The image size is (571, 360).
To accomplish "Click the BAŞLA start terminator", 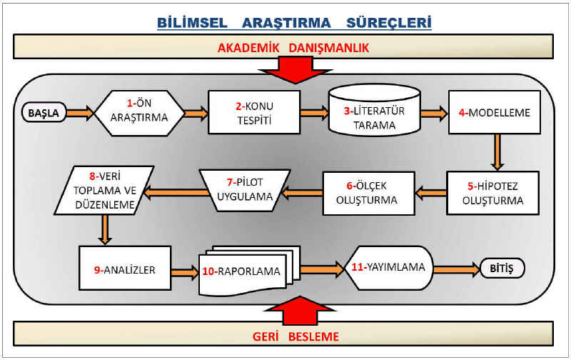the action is coord(44,113).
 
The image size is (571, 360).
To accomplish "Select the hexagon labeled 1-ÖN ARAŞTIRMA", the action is coord(139,113).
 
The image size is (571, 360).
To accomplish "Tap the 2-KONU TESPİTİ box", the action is coord(254,112).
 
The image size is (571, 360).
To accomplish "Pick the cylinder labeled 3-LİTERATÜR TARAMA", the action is coord(374,110).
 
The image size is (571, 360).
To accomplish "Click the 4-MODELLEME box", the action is coord(495,112).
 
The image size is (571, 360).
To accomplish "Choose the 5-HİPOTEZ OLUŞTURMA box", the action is coord(492,193).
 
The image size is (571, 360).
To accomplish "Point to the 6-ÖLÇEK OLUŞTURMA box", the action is coord(368,193).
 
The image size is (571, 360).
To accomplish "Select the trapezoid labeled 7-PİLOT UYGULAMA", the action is coord(245,190).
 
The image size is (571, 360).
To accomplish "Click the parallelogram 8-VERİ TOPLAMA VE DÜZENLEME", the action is coord(104,190).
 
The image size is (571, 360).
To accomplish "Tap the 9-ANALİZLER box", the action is coord(125,268).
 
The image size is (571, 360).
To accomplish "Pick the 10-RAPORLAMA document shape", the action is coord(248,271).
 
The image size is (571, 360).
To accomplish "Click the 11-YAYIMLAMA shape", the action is coord(389,268).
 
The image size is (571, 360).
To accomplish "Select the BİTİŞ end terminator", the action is coord(502,269).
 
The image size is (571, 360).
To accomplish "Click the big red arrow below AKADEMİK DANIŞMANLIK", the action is coord(295,69).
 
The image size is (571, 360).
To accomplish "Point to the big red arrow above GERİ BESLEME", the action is coord(300,310).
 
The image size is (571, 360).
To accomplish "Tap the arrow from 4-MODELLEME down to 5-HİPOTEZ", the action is coord(497,152).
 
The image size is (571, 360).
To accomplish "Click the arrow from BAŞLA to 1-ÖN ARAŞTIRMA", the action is coord(80,113).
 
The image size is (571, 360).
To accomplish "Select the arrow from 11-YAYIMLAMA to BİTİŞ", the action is coord(457,269).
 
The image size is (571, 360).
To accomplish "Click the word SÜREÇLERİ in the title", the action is coord(388,23).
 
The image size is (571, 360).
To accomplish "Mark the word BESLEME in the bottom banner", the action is coord(313,336).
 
